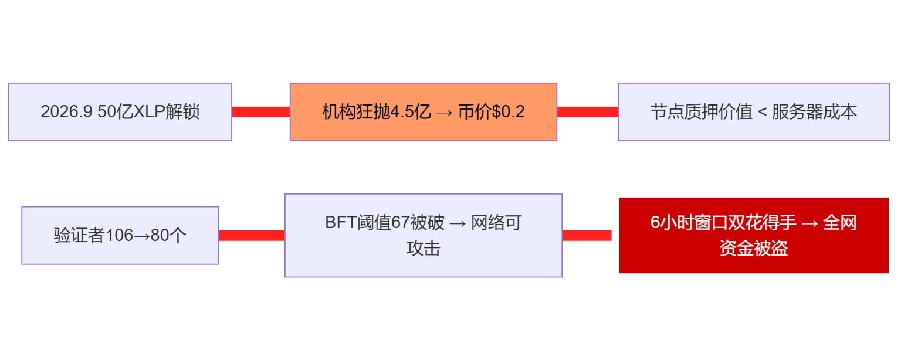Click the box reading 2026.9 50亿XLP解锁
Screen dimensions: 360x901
[x=120, y=112]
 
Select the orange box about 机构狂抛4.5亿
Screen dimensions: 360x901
[x=423, y=112]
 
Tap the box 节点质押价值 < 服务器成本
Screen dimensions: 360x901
[x=753, y=112]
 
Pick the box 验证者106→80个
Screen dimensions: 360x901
[x=120, y=235]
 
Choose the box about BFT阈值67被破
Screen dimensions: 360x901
[x=423, y=235]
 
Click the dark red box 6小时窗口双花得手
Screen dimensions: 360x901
[x=753, y=235]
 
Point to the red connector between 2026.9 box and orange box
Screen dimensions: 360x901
[x=260, y=112]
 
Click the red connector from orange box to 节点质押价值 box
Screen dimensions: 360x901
[x=587, y=112]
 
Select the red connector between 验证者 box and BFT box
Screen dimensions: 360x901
[x=251, y=235]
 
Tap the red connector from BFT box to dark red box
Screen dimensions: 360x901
[x=587, y=235]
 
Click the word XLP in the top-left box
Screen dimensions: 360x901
[x=150, y=112]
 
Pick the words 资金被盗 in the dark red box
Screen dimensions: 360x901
[x=753, y=249]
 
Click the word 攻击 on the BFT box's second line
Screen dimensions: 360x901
[x=423, y=249]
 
